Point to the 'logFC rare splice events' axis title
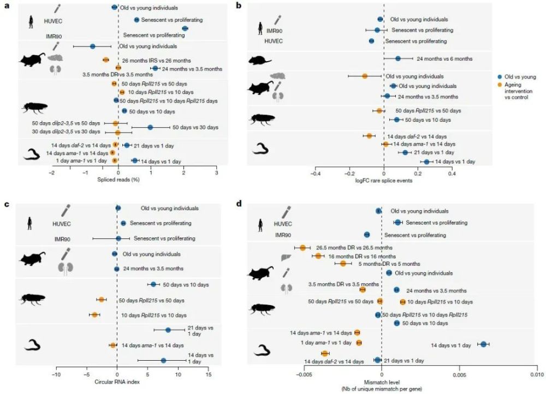click(382, 180)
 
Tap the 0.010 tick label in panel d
click(537, 375)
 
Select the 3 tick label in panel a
click(217, 172)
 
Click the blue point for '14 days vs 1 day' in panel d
click(484, 344)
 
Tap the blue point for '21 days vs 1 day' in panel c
click(168, 330)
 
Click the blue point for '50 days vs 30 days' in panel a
click(150, 128)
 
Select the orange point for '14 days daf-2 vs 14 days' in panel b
click(370, 136)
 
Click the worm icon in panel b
click(261, 149)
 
